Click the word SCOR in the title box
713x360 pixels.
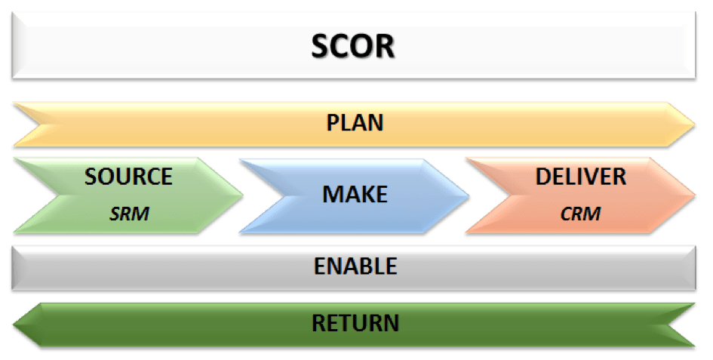pos(353,46)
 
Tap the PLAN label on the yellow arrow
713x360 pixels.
pos(355,123)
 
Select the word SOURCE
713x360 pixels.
pos(128,177)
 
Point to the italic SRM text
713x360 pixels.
pos(129,214)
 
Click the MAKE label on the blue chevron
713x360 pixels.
pos(355,194)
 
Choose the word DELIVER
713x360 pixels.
pos(581,177)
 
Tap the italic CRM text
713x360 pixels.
pos(580,214)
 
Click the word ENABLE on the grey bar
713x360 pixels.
pos(355,266)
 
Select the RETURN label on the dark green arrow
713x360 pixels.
pos(355,323)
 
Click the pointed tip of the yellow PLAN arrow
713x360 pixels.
pos(694,124)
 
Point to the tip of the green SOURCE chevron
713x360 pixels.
pos(242,195)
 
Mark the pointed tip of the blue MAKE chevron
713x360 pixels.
pos(469,196)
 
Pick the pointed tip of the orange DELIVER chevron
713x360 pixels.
pos(695,195)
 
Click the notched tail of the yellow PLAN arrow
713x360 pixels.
pos(40,124)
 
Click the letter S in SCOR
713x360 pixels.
pos(321,46)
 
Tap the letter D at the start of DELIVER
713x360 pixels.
pos(543,177)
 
